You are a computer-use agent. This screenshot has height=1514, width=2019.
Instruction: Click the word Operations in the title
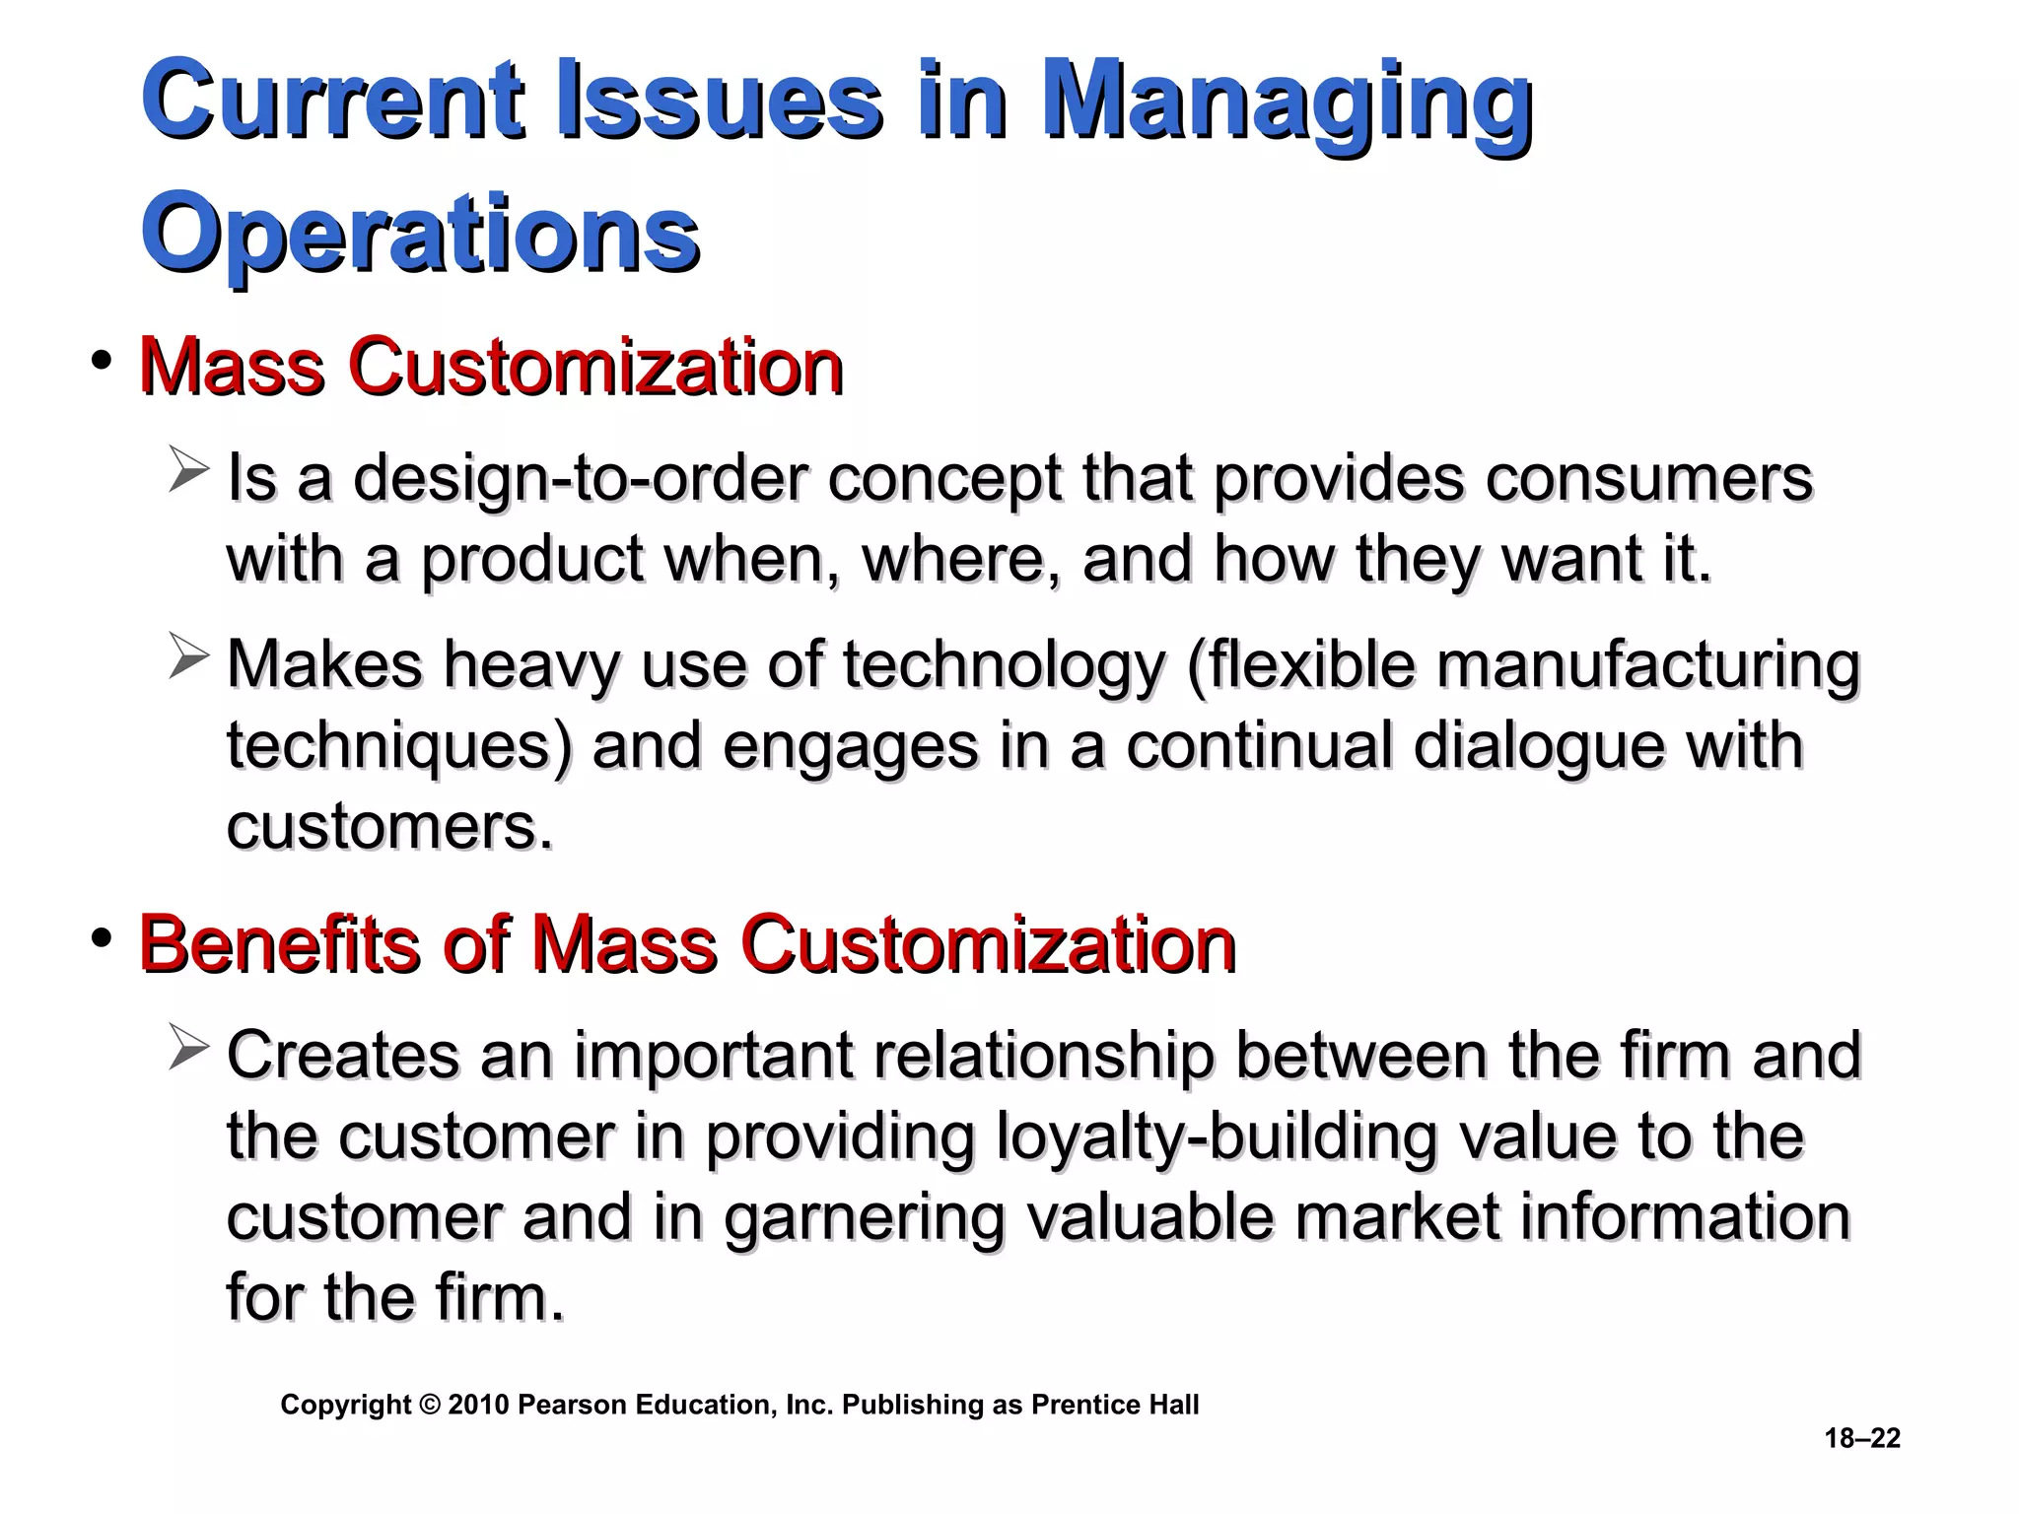[x=421, y=235]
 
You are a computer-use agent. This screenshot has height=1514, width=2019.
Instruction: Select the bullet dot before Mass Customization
[x=100, y=362]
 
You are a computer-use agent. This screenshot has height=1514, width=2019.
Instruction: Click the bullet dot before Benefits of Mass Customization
[x=100, y=939]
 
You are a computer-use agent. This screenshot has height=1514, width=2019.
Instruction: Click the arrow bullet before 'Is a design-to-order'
[x=187, y=469]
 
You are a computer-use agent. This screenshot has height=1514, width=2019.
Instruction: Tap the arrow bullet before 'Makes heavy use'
[x=187, y=656]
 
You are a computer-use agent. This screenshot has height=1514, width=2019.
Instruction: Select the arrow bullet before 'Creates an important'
[x=187, y=1047]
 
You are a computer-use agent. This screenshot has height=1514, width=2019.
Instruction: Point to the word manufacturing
[x=1648, y=665]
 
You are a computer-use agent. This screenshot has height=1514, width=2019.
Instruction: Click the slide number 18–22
[x=1862, y=1438]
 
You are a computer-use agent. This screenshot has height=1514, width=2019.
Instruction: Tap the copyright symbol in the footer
[x=430, y=1405]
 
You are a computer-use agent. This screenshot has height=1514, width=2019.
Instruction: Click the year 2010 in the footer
[x=478, y=1405]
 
